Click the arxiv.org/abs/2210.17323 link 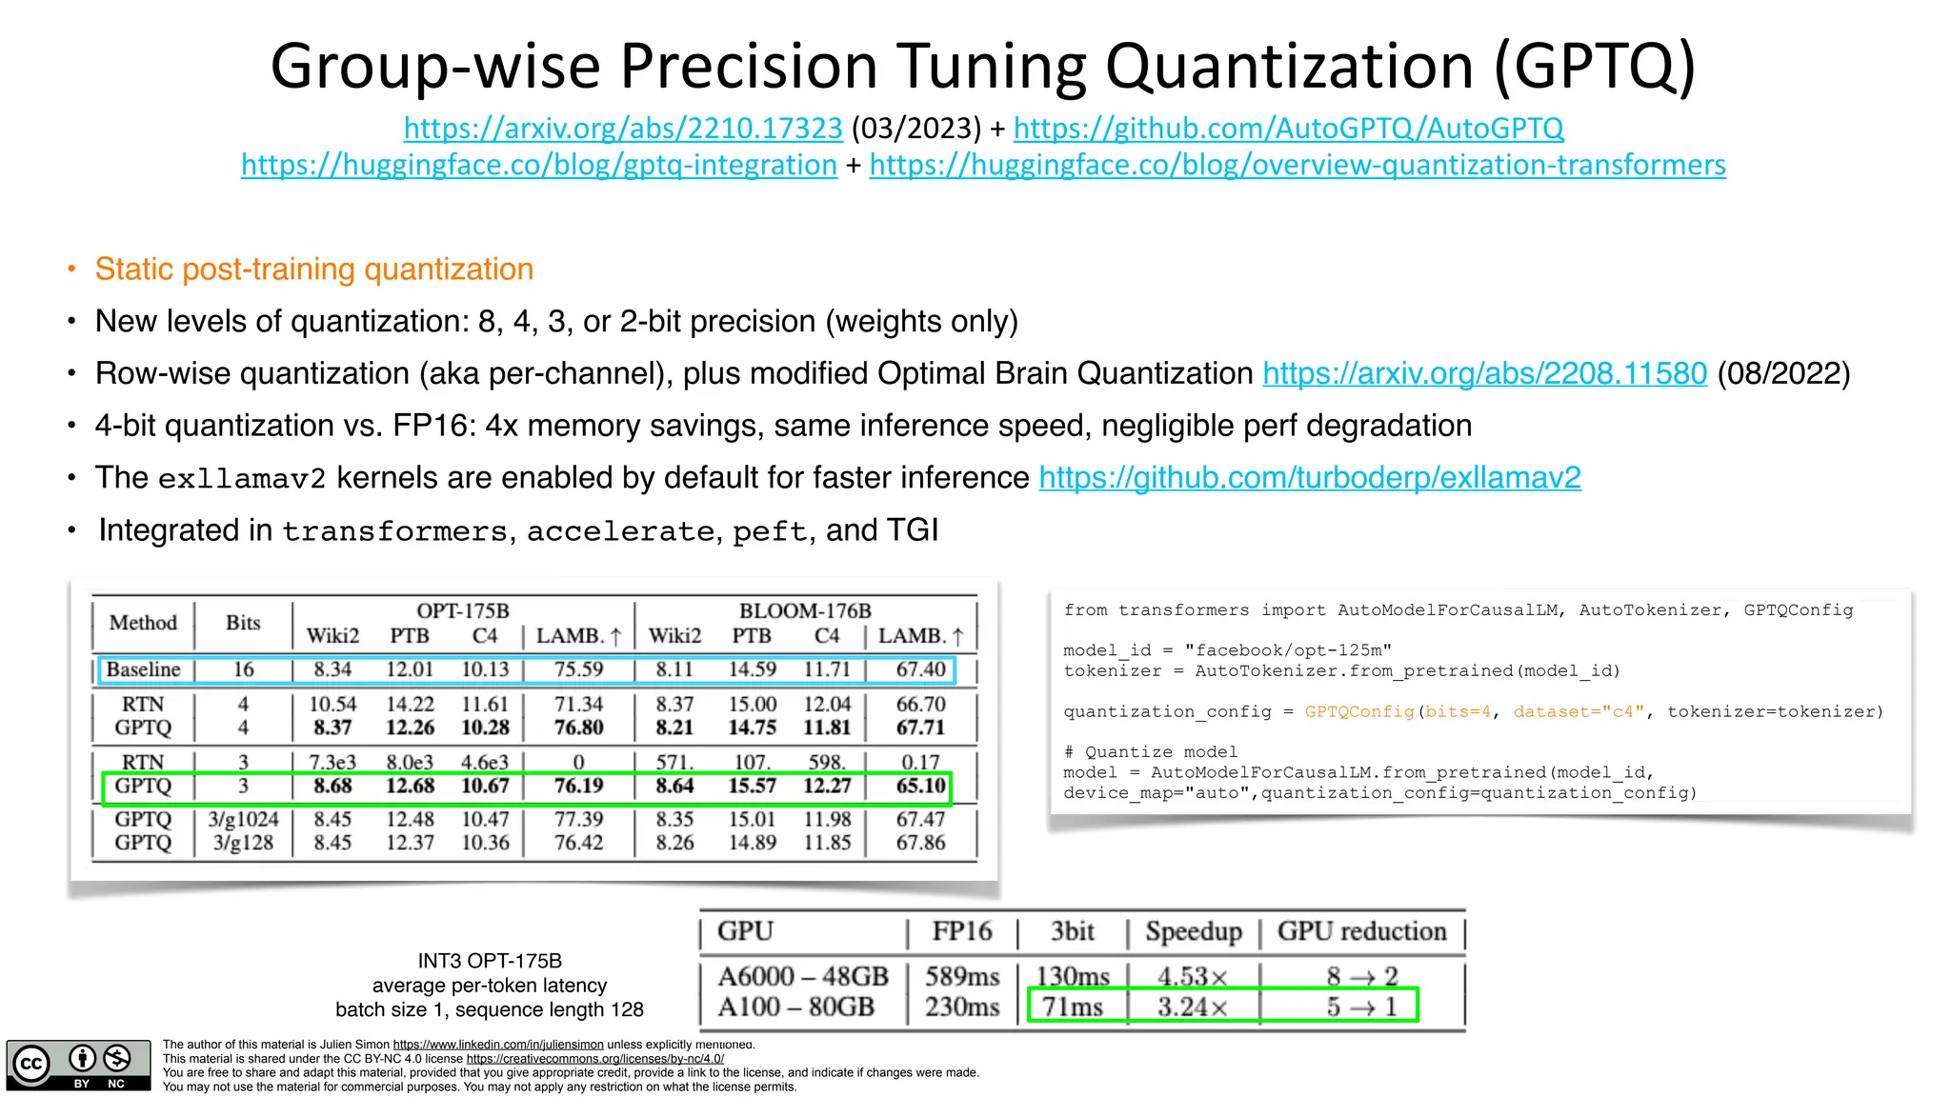623,128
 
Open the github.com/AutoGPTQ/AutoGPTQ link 1288,128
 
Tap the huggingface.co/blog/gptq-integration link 539,165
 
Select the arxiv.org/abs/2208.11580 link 1484,373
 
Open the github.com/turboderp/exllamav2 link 1309,477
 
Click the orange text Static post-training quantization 313,269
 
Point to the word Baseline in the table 143,669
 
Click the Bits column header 243,623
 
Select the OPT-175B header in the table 463,610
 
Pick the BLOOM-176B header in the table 805,610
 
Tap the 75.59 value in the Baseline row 578,669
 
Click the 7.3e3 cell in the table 332,763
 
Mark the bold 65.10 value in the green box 920,787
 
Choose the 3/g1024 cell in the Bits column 243,819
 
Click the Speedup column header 1193,931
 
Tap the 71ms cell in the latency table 1072,1007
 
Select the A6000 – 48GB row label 802,976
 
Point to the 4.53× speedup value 1192,976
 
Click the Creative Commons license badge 78,1065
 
